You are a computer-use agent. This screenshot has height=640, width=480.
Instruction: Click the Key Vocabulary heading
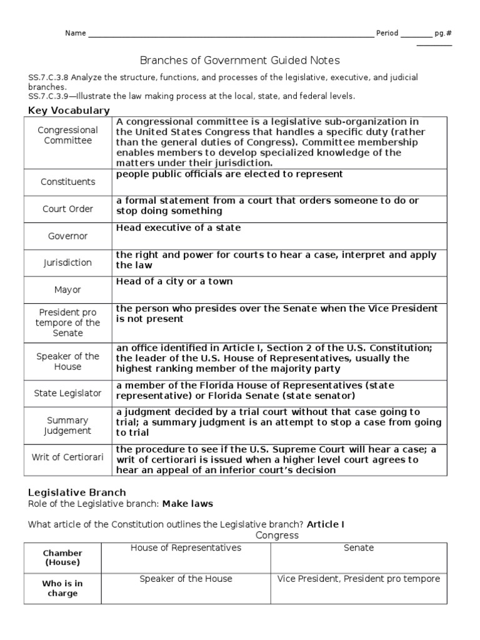69,111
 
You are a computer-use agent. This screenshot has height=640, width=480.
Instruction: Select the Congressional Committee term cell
68,135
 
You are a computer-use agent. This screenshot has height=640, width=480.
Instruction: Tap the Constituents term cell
68,182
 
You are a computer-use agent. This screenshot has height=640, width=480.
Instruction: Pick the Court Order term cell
68,209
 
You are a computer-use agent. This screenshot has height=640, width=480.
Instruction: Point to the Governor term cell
68,236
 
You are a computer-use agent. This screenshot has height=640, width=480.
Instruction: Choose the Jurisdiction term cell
68,263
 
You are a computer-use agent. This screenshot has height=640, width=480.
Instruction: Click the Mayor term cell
68,290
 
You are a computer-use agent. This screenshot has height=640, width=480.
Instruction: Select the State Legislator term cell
68,393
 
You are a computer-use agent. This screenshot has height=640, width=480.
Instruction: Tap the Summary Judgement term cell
68,426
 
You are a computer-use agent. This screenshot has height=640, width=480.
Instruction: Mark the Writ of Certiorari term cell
68,457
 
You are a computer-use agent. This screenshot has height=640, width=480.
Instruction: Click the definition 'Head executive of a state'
178,228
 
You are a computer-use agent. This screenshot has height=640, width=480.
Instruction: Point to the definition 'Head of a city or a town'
174,282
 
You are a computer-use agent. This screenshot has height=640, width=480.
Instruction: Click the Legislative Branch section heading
77,492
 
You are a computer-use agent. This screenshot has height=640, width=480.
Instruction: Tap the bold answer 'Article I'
326,524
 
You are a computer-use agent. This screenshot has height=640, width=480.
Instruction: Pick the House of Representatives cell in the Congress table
186,548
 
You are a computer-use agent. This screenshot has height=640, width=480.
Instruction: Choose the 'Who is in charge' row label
62,588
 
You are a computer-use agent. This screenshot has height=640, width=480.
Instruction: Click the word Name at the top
76,33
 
